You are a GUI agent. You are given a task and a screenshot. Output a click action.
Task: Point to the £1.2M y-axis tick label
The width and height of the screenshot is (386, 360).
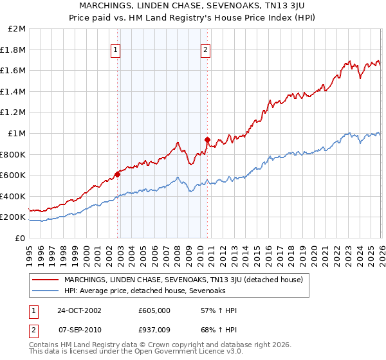coord(14,113)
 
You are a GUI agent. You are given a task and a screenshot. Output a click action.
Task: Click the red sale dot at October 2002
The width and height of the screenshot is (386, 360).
coord(118,174)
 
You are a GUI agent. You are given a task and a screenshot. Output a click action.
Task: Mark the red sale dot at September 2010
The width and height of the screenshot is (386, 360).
coord(207,139)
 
